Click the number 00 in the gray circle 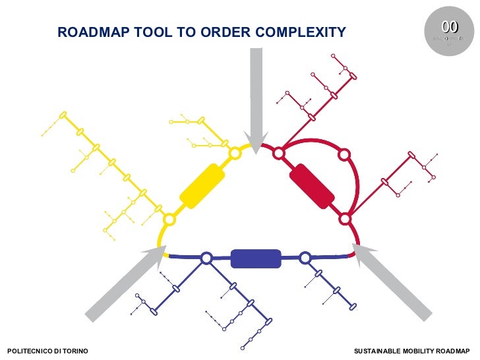[450, 27]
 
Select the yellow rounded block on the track [202, 186]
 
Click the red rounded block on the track [312, 185]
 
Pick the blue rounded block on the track [256, 258]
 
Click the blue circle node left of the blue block [206, 258]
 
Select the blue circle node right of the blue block [305, 258]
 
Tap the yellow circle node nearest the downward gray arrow [234, 154]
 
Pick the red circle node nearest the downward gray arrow [279, 154]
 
